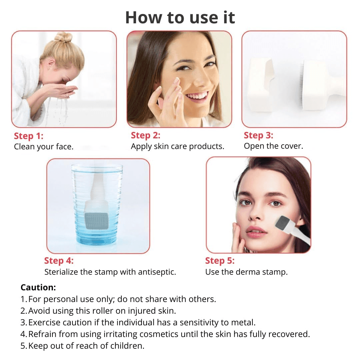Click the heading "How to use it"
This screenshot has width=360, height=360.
tap(180, 17)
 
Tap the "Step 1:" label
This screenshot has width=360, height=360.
tap(29, 136)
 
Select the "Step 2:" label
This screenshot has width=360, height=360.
tap(145, 135)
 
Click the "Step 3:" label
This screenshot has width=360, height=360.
tap(258, 135)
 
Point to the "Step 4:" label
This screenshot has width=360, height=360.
tap(59, 261)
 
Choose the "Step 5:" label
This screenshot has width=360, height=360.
tap(220, 261)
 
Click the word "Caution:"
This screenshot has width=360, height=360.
tap(38, 287)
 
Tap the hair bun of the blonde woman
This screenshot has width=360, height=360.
tap(63, 37)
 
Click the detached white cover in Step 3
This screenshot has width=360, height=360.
tap(262, 85)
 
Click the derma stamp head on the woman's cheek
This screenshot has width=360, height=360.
tap(283, 223)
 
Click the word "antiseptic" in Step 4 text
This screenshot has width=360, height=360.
tap(156, 272)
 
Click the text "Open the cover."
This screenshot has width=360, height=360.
tap(273, 146)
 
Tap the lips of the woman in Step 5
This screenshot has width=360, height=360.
tap(256, 232)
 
